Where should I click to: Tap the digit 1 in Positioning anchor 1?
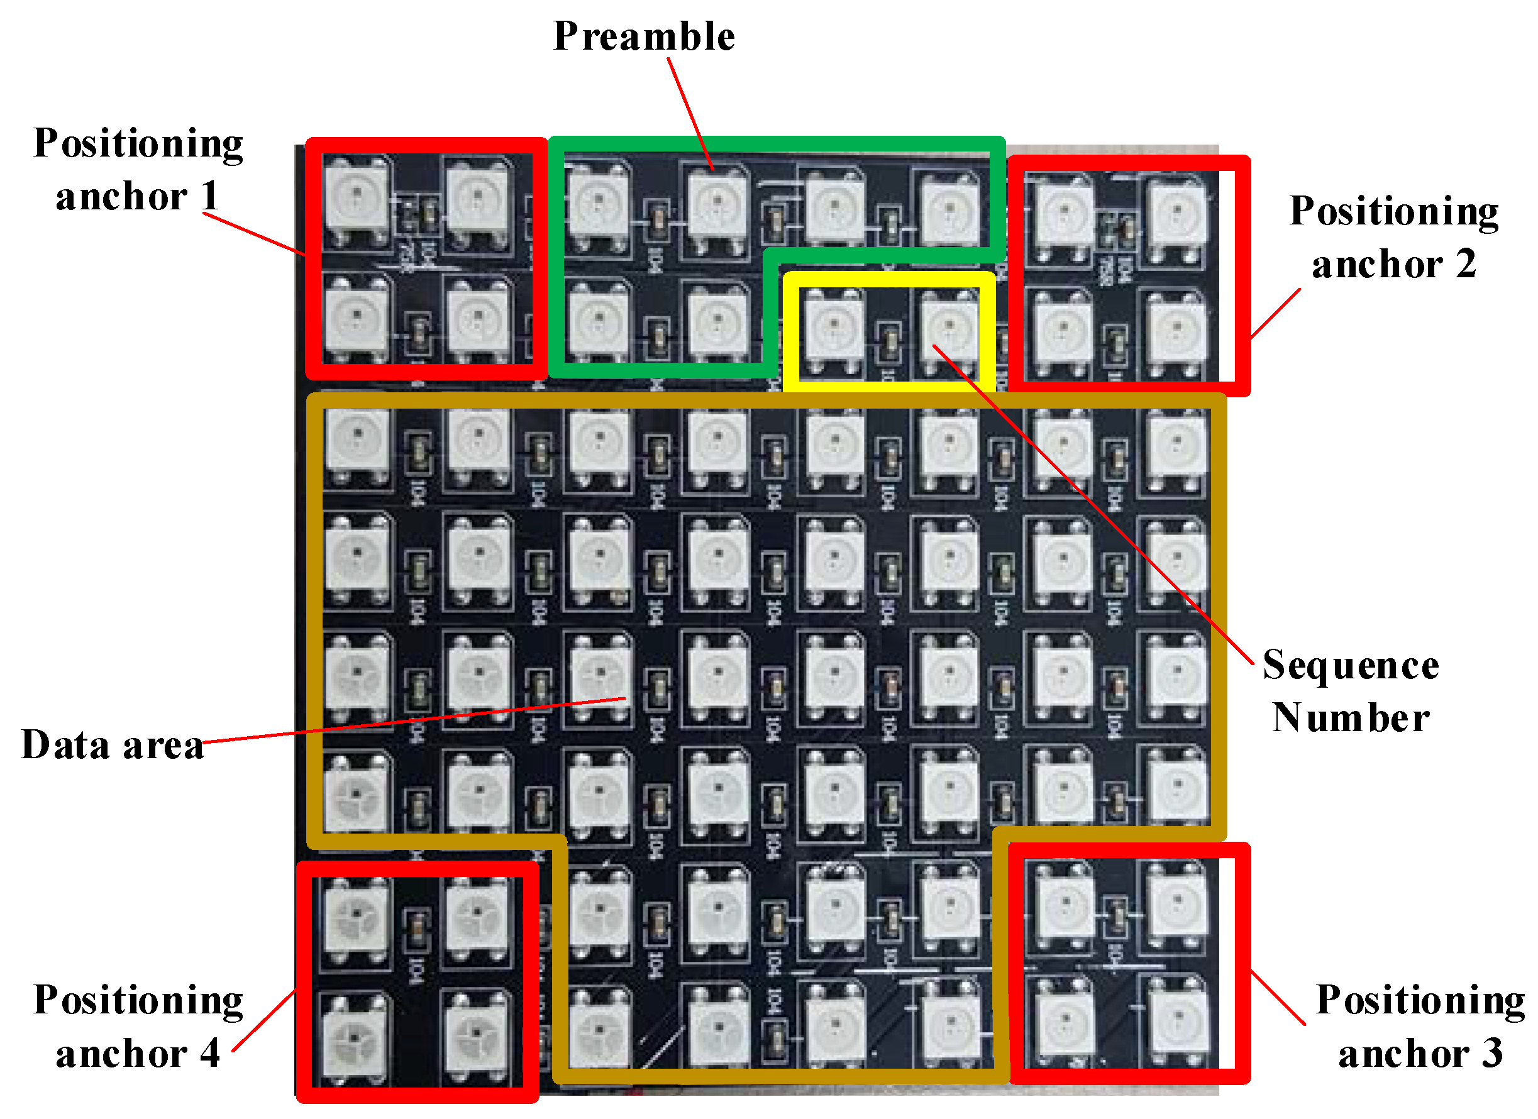click(x=210, y=197)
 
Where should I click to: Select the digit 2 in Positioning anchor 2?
click(x=1466, y=264)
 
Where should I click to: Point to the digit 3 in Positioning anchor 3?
click(x=1491, y=1053)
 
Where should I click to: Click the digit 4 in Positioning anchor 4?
click(x=209, y=1053)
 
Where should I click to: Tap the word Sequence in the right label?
click(x=1351, y=664)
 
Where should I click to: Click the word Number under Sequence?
click(x=1351, y=717)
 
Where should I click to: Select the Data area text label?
click(x=113, y=745)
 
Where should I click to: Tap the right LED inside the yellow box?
click(x=949, y=329)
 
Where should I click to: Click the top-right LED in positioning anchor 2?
click(x=1176, y=214)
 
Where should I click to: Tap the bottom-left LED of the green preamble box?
click(x=598, y=321)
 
